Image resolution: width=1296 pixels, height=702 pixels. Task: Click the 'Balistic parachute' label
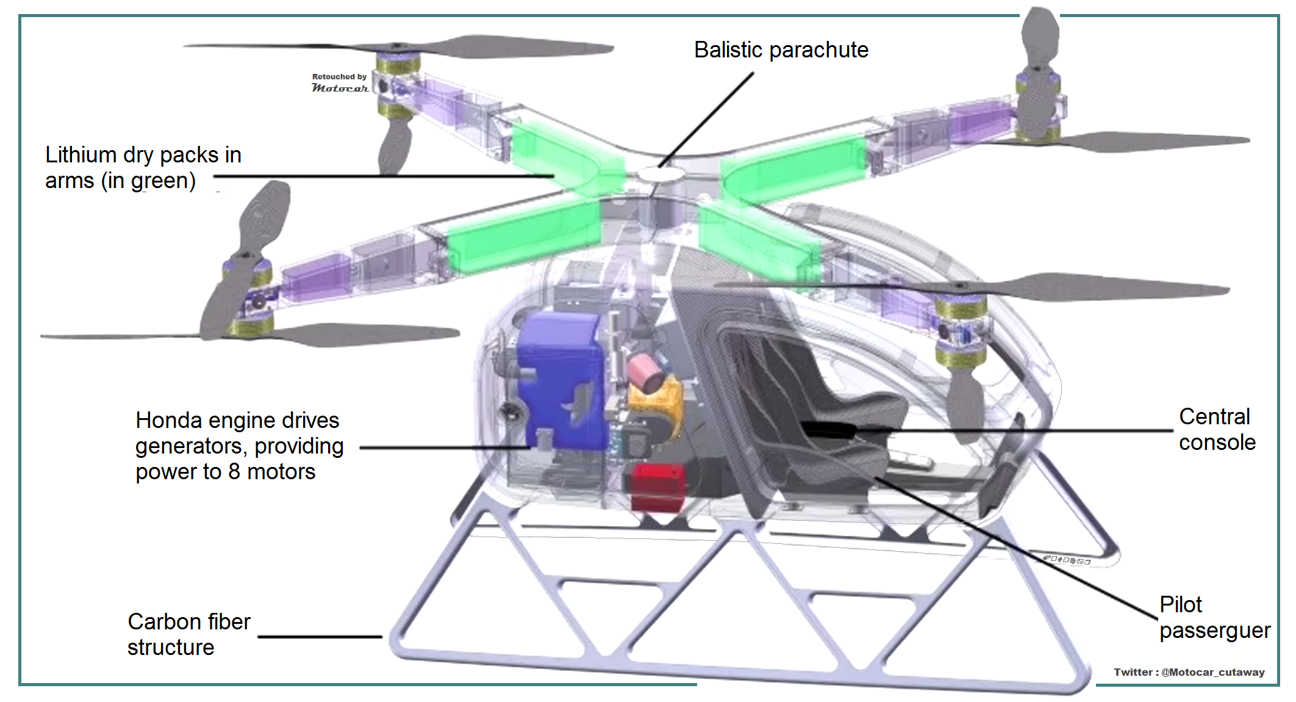781,50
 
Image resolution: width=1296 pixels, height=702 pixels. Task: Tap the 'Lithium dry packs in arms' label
143,168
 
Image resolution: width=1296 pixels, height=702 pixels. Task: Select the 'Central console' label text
1217,429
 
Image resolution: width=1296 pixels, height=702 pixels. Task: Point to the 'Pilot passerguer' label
1214,617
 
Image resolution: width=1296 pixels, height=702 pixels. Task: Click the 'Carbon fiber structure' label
188,634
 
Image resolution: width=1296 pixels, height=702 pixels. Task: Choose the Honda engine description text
239,446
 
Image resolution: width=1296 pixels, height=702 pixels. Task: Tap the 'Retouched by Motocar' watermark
340,83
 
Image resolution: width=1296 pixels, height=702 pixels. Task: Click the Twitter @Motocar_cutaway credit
1189,672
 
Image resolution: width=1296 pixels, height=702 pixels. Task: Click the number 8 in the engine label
234,472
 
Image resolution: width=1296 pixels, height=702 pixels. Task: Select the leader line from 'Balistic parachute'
707,119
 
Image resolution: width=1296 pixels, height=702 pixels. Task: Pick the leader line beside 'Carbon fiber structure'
320,637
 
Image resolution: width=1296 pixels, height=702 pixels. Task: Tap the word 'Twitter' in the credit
1133,672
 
